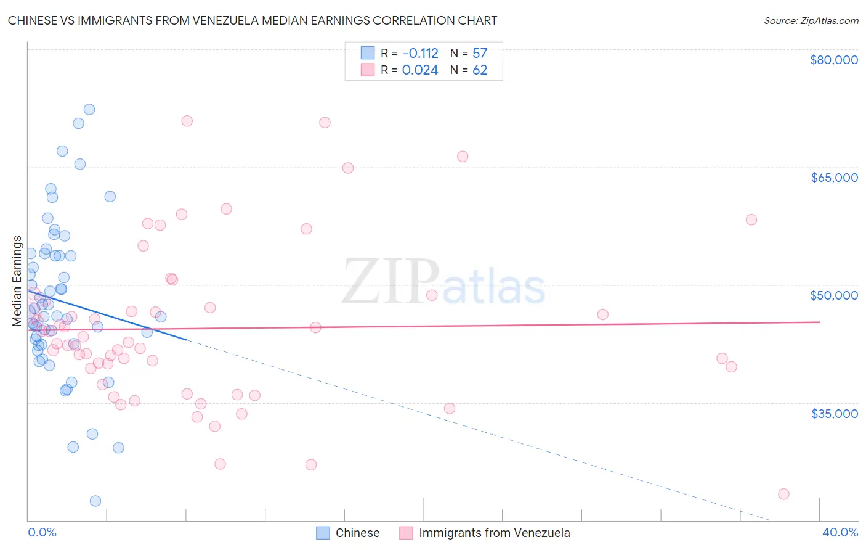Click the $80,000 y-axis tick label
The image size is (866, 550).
click(834, 60)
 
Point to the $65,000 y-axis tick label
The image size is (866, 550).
click(834, 178)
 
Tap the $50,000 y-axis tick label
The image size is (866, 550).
click(834, 295)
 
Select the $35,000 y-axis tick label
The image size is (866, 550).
click(834, 413)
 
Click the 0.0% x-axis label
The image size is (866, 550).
click(42, 532)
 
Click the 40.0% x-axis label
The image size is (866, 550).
click(840, 532)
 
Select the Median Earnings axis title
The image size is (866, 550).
click(17, 281)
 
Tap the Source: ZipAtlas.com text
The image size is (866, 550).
click(811, 21)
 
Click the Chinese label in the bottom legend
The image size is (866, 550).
click(357, 533)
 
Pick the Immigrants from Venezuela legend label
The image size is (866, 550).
click(494, 533)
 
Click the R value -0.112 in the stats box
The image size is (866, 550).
click(420, 54)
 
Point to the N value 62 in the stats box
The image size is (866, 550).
click(480, 70)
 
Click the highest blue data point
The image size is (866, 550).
click(89, 109)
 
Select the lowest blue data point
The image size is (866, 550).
click(95, 501)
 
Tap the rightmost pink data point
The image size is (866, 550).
click(783, 494)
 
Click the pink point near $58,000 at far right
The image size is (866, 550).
click(751, 220)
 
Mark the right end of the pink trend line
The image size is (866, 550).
click(819, 322)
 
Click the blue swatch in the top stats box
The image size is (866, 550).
click(368, 53)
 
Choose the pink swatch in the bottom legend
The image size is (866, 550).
click(406, 533)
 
